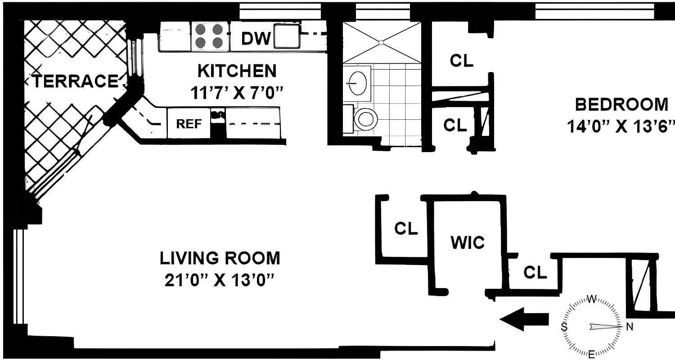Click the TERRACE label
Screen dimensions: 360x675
tap(75, 81)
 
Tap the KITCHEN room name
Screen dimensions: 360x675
tap(237, 71)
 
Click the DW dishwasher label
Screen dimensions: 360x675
tap(256, 39)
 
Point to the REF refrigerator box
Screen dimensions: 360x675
tap(189, 123)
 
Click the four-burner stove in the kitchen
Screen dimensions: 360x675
tap(210, 36)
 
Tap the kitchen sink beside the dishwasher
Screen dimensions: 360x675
tap(287, 36)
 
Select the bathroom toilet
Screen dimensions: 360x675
tap(365, 119)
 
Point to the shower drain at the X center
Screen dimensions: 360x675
tap(381, 42)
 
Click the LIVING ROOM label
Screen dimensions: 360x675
tap(220, 258)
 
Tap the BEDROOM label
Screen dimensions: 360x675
tap(621, 104)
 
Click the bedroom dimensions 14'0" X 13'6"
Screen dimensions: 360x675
tap(621, 126)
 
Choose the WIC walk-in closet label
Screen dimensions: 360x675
tap(468, 243)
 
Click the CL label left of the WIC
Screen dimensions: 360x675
tap(406, 229)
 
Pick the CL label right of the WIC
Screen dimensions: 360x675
tap(535, 272)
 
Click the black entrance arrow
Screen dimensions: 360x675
tap(524, 319)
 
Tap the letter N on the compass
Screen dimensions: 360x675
tap(630, 327)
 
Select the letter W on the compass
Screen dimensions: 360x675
tap(593, 299)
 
